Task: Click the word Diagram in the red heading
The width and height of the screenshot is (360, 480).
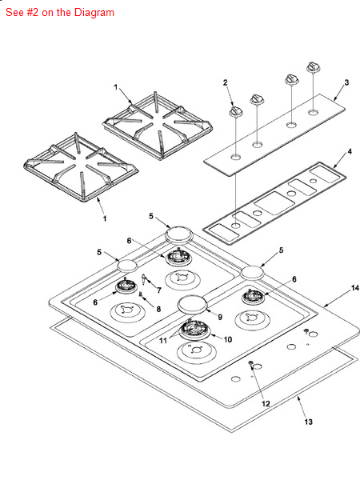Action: coord(94,13)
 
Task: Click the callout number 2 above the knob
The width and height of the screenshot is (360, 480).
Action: coord(226,82)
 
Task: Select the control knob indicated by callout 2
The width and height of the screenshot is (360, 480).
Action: coord(236,112)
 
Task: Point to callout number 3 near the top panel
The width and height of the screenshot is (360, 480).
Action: coord(346,82)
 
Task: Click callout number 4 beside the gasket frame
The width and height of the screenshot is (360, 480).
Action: coord(350,151)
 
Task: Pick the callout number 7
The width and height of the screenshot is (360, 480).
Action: coord(159,290)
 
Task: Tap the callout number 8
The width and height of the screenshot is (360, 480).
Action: coord(158,309)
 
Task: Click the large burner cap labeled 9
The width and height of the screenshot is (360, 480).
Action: coord(193,304)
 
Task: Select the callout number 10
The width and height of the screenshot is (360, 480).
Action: coord(228,339)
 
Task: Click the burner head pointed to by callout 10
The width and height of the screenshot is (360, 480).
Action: coord(195,330)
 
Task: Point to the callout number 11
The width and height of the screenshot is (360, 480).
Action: coord(163,341)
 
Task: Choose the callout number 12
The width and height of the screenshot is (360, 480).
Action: coord(266,404)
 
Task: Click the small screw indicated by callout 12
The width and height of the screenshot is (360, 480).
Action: coord(251,363)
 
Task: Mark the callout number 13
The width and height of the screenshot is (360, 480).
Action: coord(308,422)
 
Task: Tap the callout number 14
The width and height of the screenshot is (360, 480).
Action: coord(354,288)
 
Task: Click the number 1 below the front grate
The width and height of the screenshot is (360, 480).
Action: coord(105,218)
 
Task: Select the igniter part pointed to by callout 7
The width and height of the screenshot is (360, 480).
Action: coord(143,279)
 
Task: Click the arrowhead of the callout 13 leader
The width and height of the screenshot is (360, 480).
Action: coord(298,397)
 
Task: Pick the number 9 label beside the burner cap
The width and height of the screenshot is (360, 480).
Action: coord(220,317)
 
